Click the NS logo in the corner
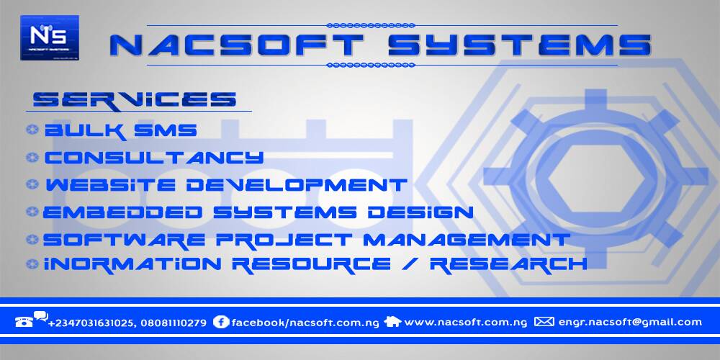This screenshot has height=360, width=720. (50, 37)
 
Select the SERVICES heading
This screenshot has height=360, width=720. (135, 99)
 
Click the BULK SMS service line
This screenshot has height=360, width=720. (120, 131)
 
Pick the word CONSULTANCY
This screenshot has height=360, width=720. (154, 157)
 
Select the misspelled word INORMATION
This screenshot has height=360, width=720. (136, 264)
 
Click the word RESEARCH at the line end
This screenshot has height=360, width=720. (508, 264)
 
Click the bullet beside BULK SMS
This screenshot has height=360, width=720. (32, 130)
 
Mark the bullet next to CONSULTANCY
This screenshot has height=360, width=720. (32, 157)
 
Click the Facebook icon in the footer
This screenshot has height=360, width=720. (221, 322)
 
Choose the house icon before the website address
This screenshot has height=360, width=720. (392, 322)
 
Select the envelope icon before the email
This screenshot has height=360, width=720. (544, 322)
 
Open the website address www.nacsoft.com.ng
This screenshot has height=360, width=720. (466, 322)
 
